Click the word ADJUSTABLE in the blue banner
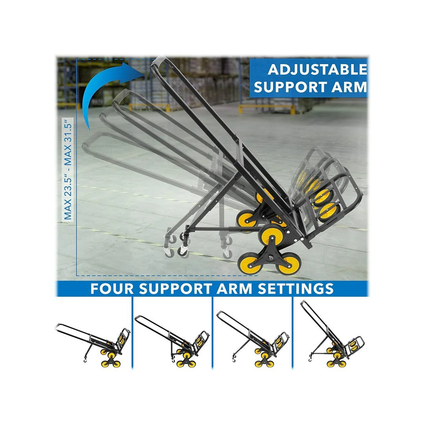click(x=318, y=70)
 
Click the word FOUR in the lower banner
click(x=112, y=289)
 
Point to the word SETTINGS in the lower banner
click(x=296, y=289)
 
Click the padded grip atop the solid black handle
click(x=158, y=61)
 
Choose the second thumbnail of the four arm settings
click(x=172, y=342)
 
